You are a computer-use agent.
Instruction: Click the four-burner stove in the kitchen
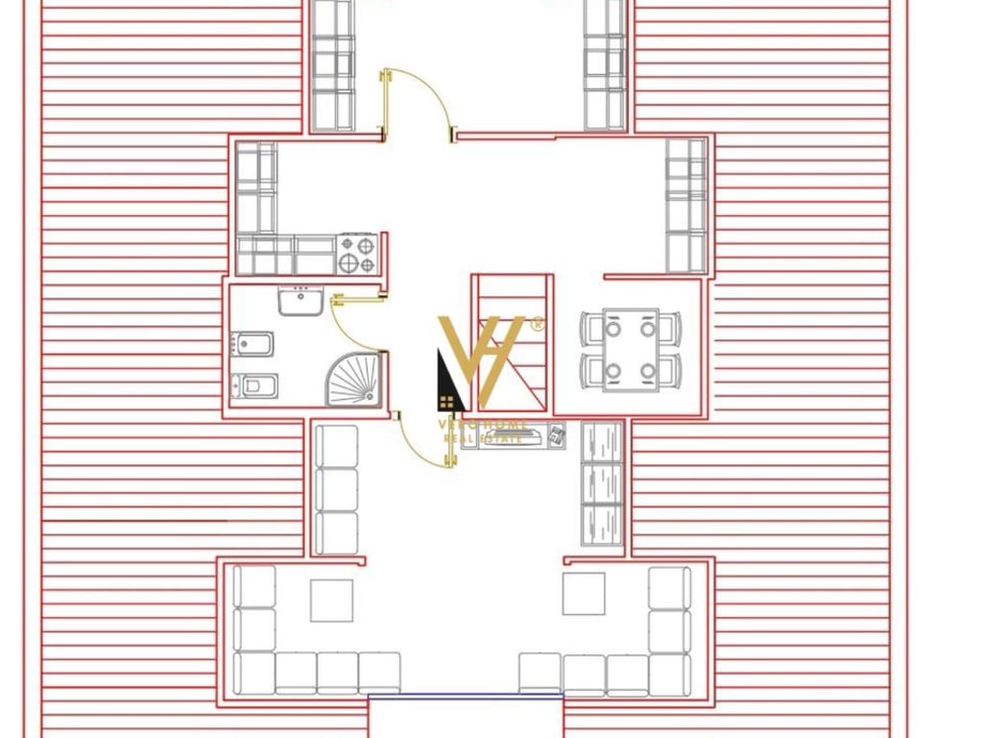[x=357, y=254]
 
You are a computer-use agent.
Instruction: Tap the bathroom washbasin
[x=300, y=302]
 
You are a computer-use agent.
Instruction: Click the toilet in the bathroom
[x=255, y=385]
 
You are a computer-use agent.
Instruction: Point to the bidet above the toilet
[x=253, y=343]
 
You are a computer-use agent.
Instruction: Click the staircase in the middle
[x=513, y=341]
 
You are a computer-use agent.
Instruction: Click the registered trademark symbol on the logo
[x=538, y=325]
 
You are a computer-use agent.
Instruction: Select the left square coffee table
[x=332, y=601]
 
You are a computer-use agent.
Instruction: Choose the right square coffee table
[x=584, y=593]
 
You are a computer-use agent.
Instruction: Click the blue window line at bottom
[x=466, y=694]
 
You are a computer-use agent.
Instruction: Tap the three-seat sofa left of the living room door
[x=337, y=490]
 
